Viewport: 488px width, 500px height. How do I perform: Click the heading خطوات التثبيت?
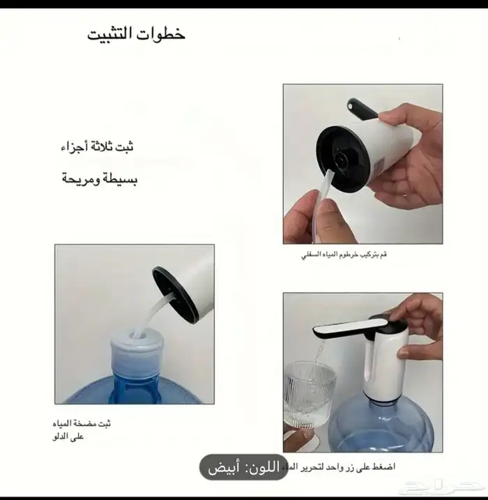pyautogui.click(x=136, y=35)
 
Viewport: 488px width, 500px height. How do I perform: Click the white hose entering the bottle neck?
pyautogui.click(x=150, y=314)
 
